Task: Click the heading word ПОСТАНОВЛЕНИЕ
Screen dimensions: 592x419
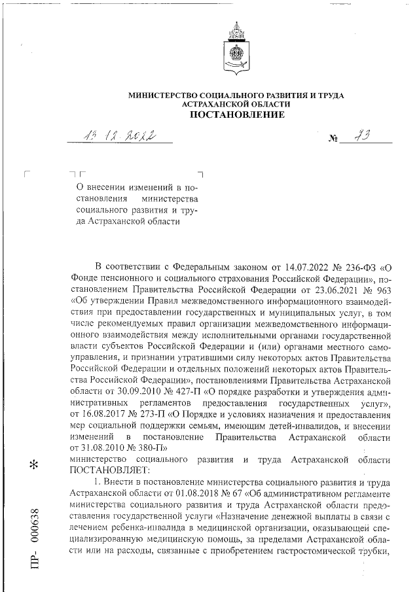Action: click(237, 116)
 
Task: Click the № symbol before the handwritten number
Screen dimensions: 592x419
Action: click(333, 139)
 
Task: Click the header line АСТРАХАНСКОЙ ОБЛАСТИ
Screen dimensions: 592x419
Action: click(237, 105)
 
